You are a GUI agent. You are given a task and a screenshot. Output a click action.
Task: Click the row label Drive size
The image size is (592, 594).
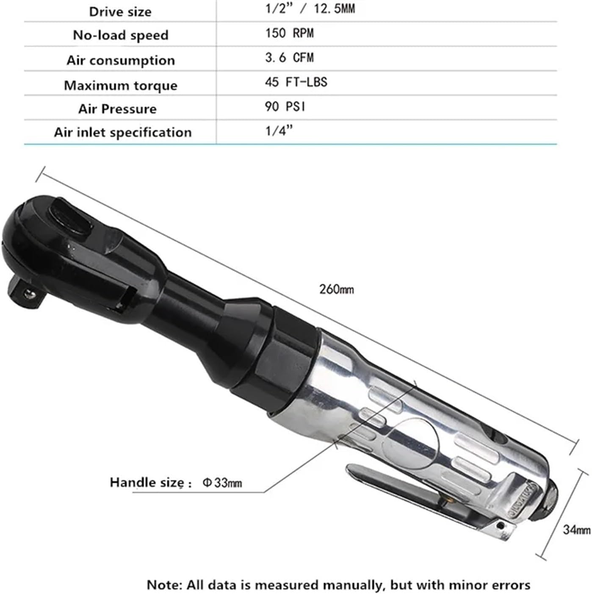click(x=120, y=11)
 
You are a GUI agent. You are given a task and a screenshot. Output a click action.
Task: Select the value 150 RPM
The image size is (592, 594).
click(x=289, y=33)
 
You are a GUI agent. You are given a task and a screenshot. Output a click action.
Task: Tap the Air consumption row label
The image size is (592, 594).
click(x=120, y=60)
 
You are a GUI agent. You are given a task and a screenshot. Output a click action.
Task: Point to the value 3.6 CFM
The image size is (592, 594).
click(x=289, y=58)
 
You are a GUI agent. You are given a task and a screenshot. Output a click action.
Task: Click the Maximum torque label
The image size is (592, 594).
click(x=120, y=85)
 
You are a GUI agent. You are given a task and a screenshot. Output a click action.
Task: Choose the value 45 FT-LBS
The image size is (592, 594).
click(x=296, y=82)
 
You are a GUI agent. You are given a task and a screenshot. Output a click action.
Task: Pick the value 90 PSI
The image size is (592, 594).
click(x=285, y=106)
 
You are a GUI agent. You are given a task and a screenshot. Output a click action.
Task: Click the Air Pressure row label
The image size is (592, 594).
click(x=117, y=109)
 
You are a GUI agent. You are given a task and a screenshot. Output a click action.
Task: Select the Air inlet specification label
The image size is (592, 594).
click(x=122, y=132)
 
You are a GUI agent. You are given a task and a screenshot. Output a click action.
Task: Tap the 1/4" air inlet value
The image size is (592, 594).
click(x=279, y=131)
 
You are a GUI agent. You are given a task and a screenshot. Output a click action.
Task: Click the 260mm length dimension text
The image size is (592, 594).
click(x=336, y=289)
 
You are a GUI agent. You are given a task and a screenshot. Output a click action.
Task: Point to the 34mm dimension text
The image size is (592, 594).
click(x=576, y=529)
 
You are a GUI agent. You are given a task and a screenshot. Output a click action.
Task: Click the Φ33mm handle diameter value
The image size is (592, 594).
click(x=222, y=483)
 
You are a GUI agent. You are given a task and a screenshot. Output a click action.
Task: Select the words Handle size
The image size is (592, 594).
click(x=147, y=482)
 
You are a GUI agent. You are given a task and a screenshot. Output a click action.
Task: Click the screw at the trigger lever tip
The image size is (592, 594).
click(x=502, y=526)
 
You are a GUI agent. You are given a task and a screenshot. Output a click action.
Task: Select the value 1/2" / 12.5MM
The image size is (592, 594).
click(x=310, y=8)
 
